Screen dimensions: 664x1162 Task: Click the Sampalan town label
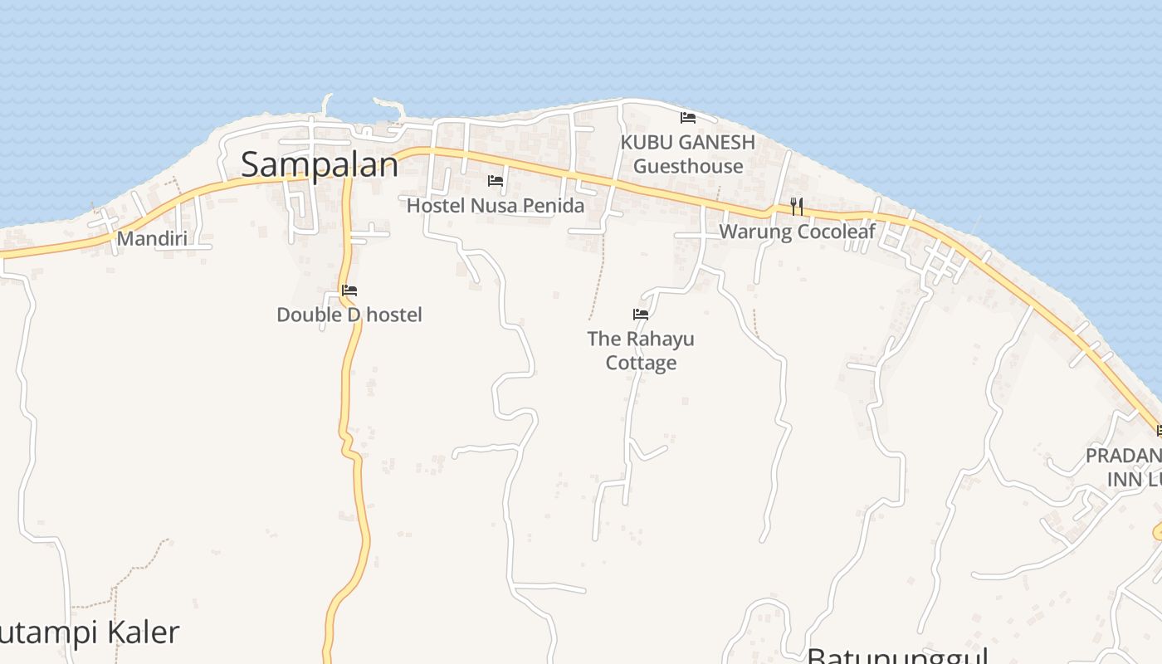point(320,164)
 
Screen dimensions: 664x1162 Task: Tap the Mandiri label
point(152,239)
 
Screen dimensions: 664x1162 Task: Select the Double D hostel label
point(349,315)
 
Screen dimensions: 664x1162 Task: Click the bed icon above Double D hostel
point(349,290)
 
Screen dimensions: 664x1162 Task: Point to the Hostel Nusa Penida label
point(495,205)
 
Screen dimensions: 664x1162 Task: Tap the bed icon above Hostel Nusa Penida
point(496,180)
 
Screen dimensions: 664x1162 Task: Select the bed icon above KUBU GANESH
point(687,117)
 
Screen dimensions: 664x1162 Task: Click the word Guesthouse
point(688,166)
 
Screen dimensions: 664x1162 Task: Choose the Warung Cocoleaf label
point(797,232)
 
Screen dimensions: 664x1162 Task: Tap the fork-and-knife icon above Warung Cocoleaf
point(797,206)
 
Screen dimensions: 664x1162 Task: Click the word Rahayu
point(660,339)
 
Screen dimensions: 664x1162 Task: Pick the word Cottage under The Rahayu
point(641,363)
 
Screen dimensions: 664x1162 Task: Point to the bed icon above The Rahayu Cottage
point(641,314)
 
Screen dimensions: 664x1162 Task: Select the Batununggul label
point(896,656)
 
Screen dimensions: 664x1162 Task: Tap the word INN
point(1124,480)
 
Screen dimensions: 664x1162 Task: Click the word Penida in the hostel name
point(554,205)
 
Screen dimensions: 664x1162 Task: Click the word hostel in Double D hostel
point(394,315)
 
